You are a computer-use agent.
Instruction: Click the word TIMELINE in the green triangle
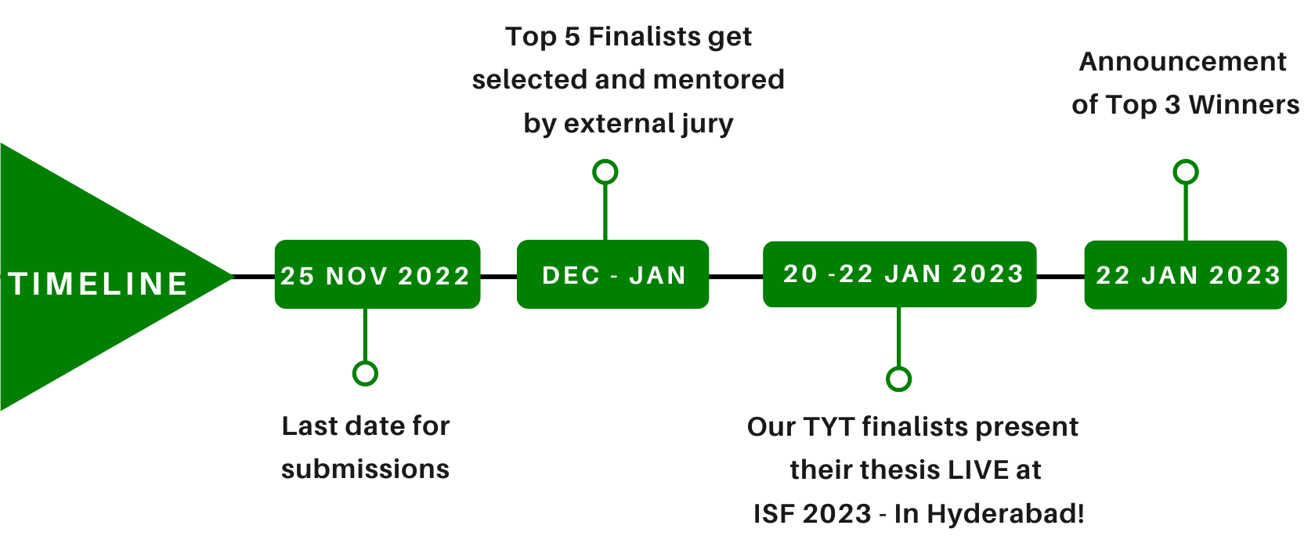pos(99,284)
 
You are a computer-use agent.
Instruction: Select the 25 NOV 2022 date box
pos(378,273)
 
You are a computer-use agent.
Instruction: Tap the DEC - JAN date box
pos(613,273)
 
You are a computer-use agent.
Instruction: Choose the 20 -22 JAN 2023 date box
pos(899,273)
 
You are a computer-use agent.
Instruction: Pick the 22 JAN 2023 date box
pos(1185,274)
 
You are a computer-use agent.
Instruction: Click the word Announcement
pos(1183,62)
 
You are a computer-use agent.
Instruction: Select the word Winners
pos(1244,105)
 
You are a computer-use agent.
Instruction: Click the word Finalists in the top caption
pos(645,36)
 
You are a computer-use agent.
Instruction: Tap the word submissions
pos(365,469)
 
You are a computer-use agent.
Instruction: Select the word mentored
pos(718,80)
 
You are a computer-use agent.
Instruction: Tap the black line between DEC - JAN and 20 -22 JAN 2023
pos(736,276)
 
